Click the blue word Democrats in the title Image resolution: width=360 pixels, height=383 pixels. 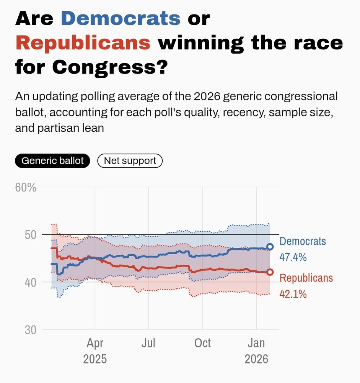click(121, 18)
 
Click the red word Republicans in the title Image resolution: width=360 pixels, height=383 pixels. click(83, 43)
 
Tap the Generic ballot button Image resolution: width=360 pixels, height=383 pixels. click(52, 161)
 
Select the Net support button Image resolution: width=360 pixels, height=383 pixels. click(130, 161)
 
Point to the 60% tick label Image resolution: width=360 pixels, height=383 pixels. click(26, 188)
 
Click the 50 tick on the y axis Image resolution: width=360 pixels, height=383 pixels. click(30, 235)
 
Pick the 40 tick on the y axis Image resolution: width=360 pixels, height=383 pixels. click(30, 283)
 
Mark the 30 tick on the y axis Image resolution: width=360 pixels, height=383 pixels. click(30, 330)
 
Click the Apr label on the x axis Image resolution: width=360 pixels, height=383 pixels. click(95, 343)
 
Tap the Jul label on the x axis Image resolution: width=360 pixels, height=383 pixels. click(148, 343)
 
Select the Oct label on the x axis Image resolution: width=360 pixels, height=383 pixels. click(202, 343)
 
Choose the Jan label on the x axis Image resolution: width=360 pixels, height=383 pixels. click(256, 343)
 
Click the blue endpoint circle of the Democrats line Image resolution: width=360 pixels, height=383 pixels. click(270, 247)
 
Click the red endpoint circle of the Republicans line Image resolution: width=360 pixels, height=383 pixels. click(270, 272)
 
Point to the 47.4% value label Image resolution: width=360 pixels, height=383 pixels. click(293, 257)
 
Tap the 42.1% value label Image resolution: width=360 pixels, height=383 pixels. click(293, 294)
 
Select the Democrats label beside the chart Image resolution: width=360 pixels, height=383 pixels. click(303, 241)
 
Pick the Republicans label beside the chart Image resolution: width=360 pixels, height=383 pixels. click(306, 278)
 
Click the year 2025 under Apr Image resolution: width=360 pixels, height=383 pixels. click(95, 359)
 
